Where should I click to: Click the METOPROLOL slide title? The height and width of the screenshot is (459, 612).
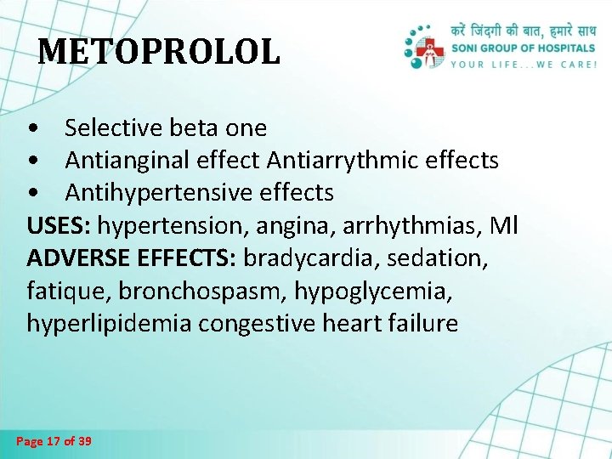(x=159, y=52)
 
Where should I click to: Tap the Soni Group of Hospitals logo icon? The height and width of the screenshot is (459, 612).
(x=424, y=48)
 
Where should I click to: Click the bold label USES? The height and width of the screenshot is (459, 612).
(x=59, y=226)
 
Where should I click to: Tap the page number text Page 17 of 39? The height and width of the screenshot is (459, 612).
(x=54, y=441)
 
